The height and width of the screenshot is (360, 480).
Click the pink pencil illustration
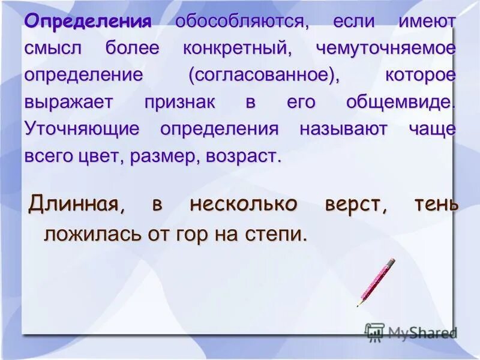376,282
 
